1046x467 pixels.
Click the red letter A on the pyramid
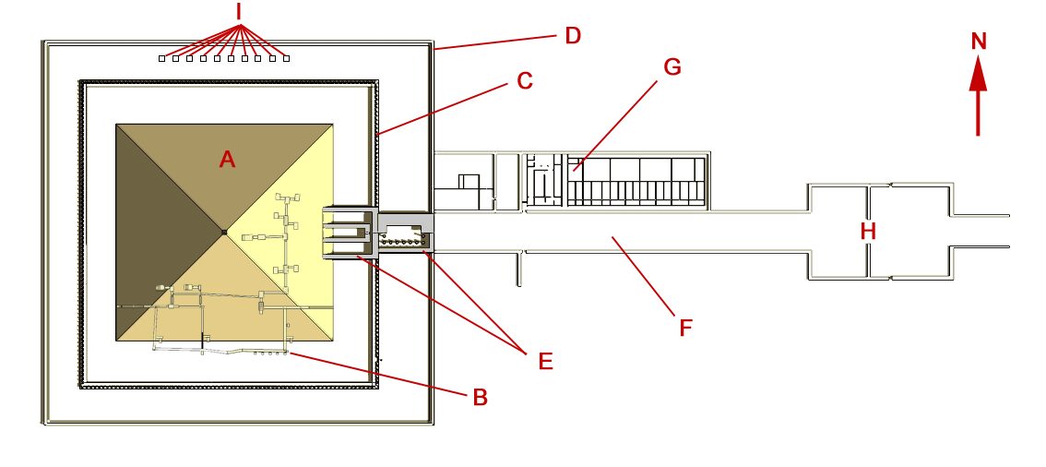228,160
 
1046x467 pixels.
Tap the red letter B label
481,398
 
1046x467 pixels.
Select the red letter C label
525,80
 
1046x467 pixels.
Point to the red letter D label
573,35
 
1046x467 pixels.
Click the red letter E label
545,361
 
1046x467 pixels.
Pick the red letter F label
685,328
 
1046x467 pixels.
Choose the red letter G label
672,66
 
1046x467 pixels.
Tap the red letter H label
868,232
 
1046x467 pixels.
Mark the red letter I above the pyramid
238,11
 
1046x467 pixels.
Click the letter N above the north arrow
979,42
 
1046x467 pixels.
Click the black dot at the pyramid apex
224,233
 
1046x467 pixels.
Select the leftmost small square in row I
162,59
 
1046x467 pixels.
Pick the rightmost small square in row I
286,59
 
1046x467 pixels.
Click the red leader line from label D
496,42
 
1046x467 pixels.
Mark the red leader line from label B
378,375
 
